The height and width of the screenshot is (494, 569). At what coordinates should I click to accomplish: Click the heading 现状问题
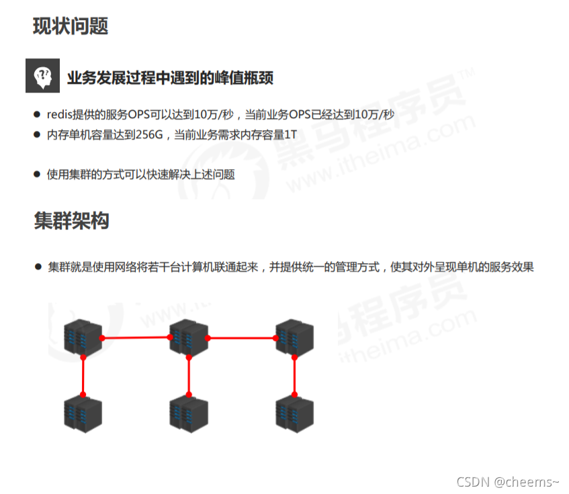[x=71, y=26]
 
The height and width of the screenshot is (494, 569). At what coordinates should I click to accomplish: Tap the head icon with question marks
[x=42, y=76]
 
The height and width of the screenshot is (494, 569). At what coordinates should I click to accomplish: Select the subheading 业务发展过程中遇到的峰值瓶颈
[x=170, y=77]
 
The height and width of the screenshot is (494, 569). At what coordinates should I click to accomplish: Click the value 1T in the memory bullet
[x=290, y=134]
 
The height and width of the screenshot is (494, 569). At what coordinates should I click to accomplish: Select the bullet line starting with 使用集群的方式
[x=140, y=174]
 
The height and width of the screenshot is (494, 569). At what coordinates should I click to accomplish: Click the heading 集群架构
[x=71, y=220]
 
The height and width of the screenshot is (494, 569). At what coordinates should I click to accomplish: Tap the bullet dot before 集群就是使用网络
[x=38, y=266]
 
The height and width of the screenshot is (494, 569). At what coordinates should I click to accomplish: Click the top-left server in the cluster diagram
[x=83, y=336]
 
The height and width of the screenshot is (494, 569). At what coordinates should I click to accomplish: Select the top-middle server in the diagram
[x=189, y=336]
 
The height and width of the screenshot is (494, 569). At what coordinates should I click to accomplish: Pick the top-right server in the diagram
[x=295, y=336]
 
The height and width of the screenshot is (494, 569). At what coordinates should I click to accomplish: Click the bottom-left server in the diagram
[x=83, y=412]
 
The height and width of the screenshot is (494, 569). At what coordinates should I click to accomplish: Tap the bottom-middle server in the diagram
[x=189, y=412]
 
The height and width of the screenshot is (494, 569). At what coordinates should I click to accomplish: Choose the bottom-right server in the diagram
[x=295, y=412]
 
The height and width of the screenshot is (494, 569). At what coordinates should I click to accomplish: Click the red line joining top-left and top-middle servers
[x=136, y=338]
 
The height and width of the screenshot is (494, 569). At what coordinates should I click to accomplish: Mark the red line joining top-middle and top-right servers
[x=242, y=338]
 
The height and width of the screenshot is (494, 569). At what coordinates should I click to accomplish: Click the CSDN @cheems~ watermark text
[x=507, y=481]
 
